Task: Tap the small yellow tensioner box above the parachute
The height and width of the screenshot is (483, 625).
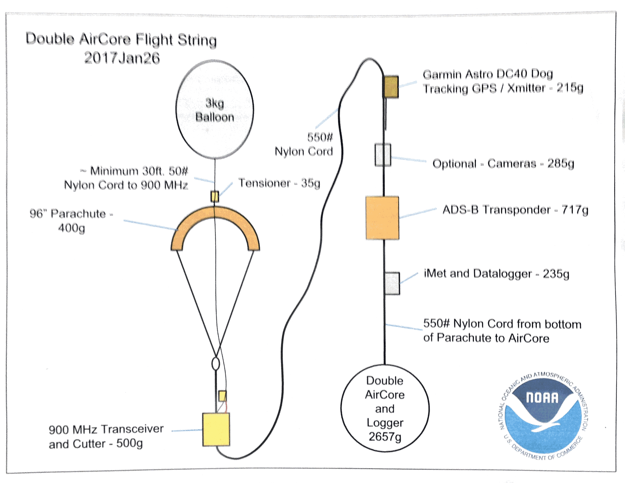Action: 215,197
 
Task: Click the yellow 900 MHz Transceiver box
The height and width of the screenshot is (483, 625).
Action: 216,429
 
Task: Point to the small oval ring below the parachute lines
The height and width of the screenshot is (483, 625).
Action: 216,364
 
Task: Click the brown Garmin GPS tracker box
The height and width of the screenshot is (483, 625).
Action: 391,87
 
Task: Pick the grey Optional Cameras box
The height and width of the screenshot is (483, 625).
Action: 383,155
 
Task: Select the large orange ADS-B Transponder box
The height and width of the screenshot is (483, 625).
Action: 382,218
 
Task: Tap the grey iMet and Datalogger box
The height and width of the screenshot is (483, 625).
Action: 392,283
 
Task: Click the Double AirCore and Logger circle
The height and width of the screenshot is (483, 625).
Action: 385,408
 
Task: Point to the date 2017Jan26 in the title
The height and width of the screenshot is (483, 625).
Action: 122,58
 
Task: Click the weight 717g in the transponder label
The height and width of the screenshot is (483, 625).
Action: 575,210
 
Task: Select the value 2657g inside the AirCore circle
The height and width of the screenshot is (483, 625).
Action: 385,437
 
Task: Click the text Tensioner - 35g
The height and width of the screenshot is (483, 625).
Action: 279,183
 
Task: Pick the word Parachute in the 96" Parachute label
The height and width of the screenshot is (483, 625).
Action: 78,214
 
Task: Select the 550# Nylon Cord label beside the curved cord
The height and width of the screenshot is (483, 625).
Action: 304,144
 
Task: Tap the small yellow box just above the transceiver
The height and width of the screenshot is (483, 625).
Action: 222,396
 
